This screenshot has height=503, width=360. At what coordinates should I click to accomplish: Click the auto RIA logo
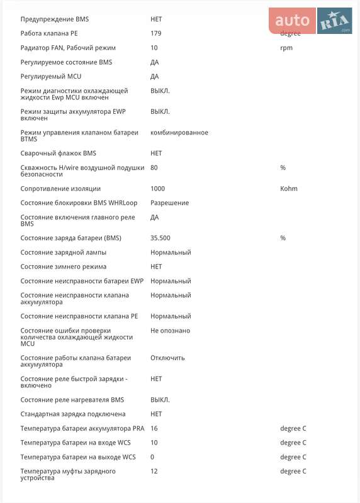point(312,21)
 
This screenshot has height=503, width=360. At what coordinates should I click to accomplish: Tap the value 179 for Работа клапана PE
point(156,33)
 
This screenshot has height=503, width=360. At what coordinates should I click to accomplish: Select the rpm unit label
point(286,48)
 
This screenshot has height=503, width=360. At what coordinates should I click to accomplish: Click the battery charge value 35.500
point(160,238)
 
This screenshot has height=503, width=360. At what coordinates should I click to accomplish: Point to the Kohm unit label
point(289,189)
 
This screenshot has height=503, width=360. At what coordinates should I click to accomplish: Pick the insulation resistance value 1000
point(157,189)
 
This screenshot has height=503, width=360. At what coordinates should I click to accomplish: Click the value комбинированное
point(179,133)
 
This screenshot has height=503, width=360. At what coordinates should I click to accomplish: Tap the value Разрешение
point(169,203)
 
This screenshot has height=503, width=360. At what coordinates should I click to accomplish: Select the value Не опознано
point(170,331)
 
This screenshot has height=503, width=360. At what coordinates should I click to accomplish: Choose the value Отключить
point(167,358)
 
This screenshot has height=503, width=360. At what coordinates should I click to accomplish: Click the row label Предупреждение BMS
point(55,19)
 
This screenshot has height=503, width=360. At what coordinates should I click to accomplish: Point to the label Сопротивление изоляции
point(60,189)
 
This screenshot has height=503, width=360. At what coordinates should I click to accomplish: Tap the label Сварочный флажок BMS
point(59,153)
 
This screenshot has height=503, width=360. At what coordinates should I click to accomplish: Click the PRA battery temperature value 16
point(154,428)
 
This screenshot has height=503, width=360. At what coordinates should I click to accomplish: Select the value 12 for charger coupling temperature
point(154,471)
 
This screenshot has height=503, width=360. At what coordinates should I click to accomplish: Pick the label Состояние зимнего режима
point(64,267)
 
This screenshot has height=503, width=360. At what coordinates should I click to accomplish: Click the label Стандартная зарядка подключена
point(73,414)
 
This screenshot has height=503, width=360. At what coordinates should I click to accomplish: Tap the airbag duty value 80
point(154,168)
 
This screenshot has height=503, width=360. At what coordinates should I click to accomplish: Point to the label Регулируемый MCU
point(51,77)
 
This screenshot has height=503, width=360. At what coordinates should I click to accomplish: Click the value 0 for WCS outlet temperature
point(152,457)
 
